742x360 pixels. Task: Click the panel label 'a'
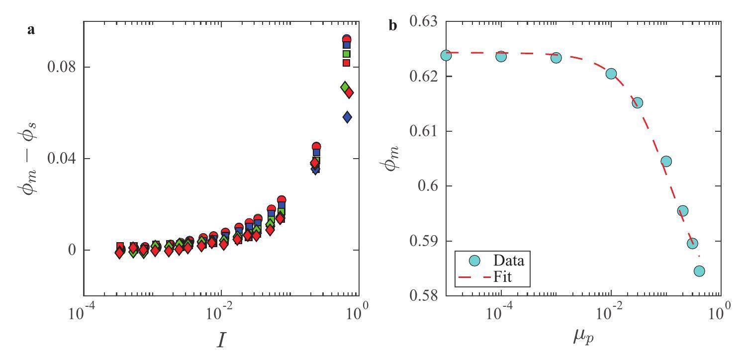31,29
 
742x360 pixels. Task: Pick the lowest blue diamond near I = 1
347,117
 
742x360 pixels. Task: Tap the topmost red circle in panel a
347,39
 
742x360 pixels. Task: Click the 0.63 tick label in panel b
422,22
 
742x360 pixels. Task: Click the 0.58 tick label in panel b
422,296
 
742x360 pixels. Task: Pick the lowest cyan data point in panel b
699,271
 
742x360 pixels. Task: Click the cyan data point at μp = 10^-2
611,74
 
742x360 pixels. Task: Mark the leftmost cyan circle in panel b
446,55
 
